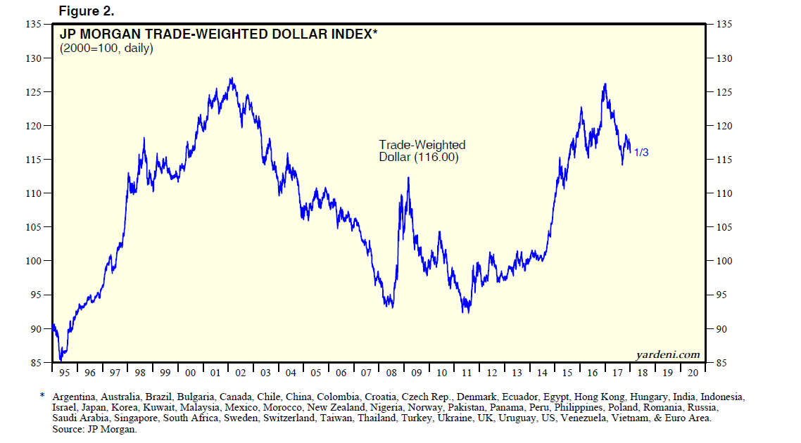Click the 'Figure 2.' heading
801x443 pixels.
coord(86,11)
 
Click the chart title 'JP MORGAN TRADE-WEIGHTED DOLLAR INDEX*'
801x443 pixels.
coord(217,34)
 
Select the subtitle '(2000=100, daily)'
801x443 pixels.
coord(106,49)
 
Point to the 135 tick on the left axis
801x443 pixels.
coord(32,24)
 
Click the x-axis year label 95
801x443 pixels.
coord(65,373)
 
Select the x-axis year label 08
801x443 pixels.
coord(391,373)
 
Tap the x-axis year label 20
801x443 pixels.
coord(693,373)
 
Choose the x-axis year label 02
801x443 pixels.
coord(240,373)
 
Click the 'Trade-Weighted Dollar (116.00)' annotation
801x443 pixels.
coord(422,151)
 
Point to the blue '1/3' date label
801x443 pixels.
coord(641,152)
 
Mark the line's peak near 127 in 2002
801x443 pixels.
coord(232,78)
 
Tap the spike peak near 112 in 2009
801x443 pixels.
coord(408,178)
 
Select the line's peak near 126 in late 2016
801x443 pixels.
coord(605,84)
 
